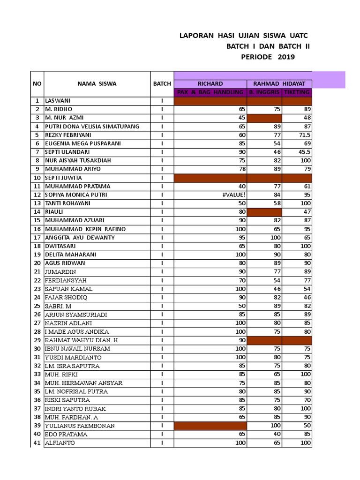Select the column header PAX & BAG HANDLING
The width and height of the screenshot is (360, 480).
[210, 92]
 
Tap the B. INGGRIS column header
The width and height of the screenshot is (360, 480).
[264, 92]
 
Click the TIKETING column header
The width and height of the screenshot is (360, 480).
[296, 92]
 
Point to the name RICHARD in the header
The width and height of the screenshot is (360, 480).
[210, 84]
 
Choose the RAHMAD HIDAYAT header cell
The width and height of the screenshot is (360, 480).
[279, 84]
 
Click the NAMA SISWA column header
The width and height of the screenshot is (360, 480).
[97, 84]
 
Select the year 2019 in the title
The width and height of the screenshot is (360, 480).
[286, 57]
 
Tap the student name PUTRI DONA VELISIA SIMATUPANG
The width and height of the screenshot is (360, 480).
[92, 127]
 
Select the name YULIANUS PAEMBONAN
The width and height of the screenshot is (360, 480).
[80, 426]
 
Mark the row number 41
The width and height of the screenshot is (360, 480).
[37, 443]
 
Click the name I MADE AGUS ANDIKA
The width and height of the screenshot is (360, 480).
[77, 332]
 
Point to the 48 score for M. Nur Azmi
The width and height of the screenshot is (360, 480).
[306, 118]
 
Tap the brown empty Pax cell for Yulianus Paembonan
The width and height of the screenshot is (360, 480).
[210, 426]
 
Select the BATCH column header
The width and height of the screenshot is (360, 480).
[162, 84]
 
